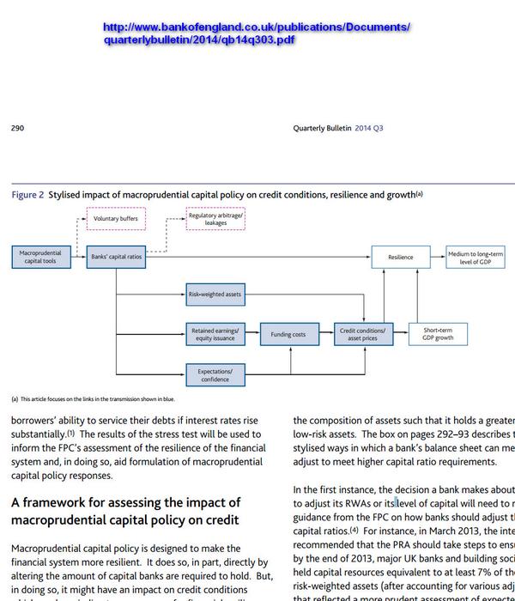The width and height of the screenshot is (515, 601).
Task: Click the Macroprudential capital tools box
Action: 41,256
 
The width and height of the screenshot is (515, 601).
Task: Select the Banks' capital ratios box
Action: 117,256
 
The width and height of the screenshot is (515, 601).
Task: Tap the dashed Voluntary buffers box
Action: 116,219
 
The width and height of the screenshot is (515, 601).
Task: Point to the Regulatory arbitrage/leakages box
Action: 215,219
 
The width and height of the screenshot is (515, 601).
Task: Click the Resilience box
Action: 400,256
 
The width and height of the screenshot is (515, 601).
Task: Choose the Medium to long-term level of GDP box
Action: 476,256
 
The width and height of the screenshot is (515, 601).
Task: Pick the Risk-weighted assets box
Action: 215,294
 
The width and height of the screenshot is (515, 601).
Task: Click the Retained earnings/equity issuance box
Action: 215,333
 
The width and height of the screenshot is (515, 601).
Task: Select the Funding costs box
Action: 288,334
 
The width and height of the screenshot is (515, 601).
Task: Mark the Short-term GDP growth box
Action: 438,333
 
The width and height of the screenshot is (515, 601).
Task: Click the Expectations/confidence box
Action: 215,373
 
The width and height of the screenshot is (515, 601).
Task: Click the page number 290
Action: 17,129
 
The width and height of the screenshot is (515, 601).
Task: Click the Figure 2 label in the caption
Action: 27,195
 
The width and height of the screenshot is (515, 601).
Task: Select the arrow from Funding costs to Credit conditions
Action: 324,334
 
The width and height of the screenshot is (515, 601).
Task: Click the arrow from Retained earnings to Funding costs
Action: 252,334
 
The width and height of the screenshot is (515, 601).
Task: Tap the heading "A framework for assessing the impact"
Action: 125,511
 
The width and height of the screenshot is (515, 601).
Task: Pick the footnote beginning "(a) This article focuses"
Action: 93,399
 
